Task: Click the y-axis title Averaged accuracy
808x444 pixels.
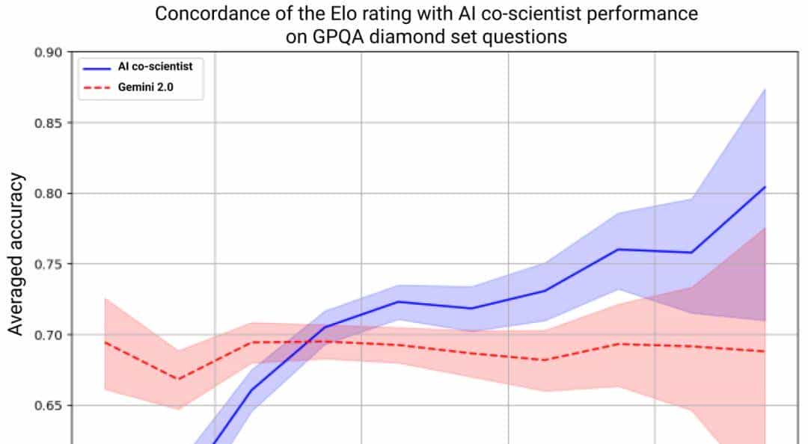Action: click(x=16, y=254)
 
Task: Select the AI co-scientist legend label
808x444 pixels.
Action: click(x=155, y=67)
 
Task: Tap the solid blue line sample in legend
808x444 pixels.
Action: click(x=97, y=67)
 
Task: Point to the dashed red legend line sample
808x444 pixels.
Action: click(x=97, y=87)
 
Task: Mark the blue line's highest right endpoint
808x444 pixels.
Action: click(x=765, y=187)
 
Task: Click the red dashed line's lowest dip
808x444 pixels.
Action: click(x=178, y=379)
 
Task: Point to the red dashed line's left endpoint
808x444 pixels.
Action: click(x=105, y=342)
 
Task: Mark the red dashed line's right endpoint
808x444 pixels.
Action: click(x=765, y=351)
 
